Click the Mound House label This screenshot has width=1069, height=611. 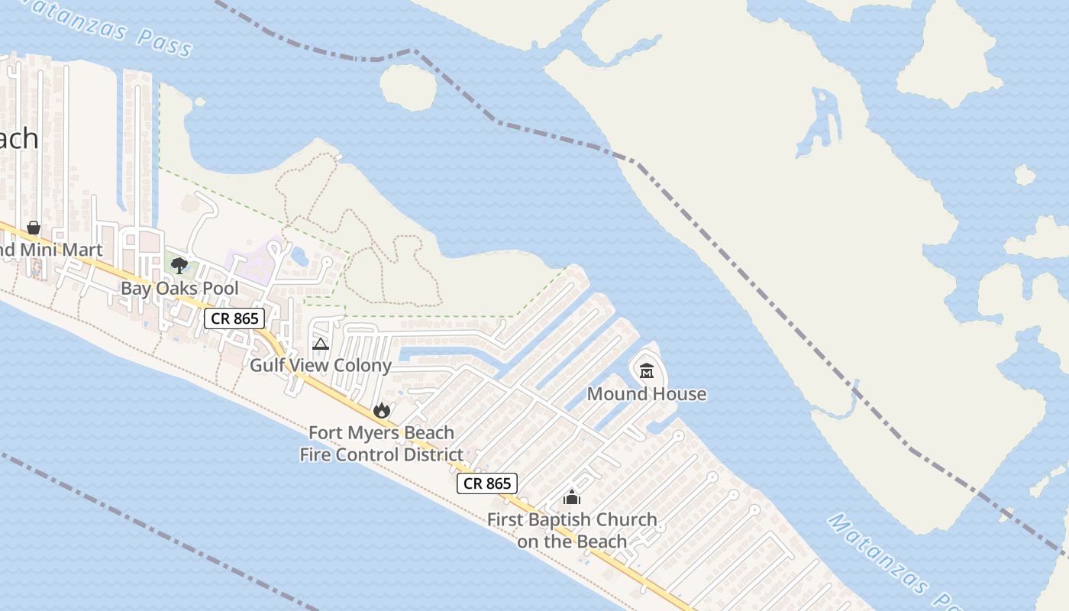coord(646,394)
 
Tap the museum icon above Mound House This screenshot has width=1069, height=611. coord(647,371)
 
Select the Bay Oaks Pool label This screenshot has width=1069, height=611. coord(179,289)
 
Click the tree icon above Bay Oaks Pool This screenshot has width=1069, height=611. coord(179,266)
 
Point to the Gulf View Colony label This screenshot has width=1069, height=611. coord(321,366)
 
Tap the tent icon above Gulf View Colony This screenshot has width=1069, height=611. coord(321,344)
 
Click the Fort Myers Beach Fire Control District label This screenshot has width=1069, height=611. coord(381,444)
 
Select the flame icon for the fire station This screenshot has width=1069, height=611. coord(382,411)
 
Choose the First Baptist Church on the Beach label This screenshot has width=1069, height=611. coord(572,530)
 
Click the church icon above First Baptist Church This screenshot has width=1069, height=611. coord(572,498)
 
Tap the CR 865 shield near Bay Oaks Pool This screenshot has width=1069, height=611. coord(234,318)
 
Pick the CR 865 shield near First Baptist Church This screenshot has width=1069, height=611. coord(487,483)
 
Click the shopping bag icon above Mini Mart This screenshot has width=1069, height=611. coord(34,228)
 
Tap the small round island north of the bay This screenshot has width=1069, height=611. coord(408,87)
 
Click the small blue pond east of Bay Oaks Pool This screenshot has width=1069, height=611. coord(300,257)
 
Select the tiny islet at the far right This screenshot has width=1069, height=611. coord(1025,176)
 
